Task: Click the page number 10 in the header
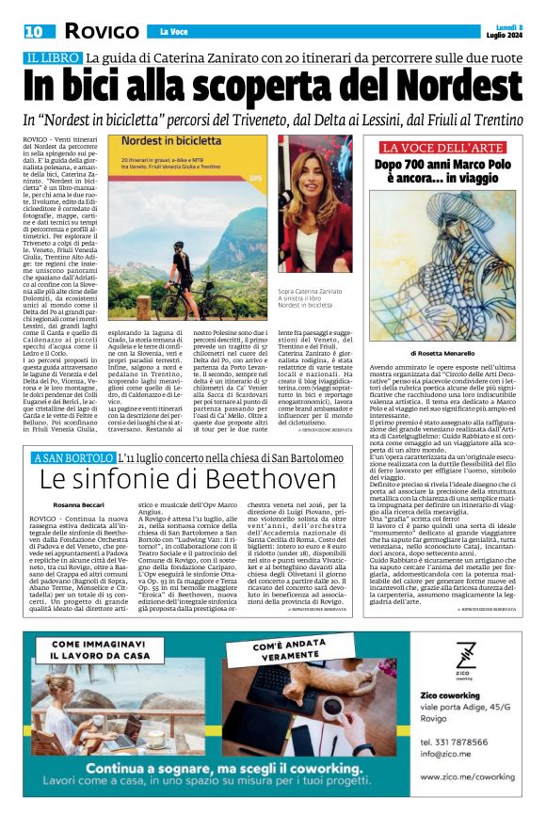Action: click(36, 31)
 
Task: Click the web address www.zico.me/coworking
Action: click(468, 776)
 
